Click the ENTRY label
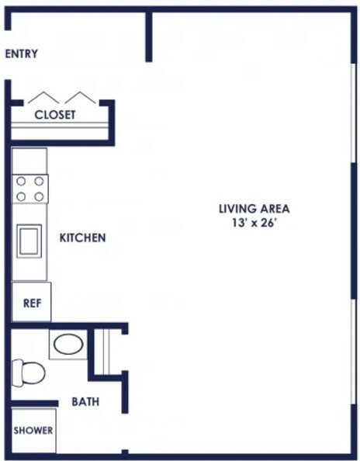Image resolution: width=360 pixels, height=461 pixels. tap(22, 54)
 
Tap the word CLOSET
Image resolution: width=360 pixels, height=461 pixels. tap(55, 115)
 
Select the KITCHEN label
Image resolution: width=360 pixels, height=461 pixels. tap(82, 237)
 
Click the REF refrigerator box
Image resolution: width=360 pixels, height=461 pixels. tap(32, 302)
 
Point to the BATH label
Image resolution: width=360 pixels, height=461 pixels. tap(85, 401)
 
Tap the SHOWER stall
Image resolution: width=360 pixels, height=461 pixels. tap(33, 431)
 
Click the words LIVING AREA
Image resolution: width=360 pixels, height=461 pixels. tap(254, 209)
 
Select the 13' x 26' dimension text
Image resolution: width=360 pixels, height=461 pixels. tap(254, 223)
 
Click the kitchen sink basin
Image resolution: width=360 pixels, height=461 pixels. tap(29, 241)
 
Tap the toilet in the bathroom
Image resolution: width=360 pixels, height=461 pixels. tap(28, 373)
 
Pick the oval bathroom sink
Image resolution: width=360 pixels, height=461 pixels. tap(68, 344)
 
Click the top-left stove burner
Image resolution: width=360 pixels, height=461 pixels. tap(21, 182)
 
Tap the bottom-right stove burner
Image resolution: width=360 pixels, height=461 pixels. tap(39, 196)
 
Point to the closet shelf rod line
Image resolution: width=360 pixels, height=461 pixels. tap(60, 126)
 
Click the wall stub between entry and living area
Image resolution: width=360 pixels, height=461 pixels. tap(149, 36)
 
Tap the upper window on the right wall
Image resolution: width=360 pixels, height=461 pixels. tap(354, 113)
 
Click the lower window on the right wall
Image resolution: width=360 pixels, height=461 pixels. tap(354, 352)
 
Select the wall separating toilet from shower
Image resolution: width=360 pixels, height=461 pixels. tap(35, 404)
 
